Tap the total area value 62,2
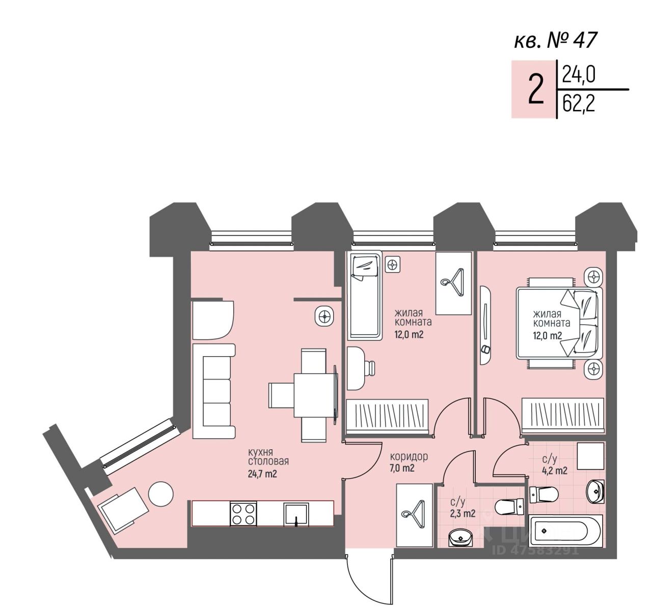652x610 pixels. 579,105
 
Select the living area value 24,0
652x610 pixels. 579,75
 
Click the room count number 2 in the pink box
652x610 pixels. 535,90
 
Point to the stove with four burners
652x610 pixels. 243,513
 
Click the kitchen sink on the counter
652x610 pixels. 296,513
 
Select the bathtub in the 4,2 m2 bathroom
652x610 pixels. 566,531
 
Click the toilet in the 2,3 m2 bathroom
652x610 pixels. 509,507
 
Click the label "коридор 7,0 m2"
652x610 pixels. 409,462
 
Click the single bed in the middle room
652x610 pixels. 364,296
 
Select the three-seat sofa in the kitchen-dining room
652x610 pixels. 214,391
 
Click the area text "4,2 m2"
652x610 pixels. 554,470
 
